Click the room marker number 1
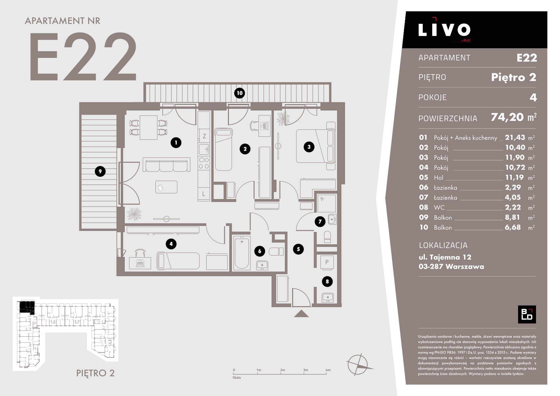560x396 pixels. point(176,143)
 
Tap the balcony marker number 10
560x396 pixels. point(240,93)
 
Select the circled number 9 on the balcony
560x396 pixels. point(100,171)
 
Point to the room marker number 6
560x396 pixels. point(260,251)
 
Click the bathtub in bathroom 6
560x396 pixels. point(242,253)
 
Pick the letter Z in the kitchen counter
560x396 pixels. point(204,136)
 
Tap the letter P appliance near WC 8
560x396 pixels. point(327,262)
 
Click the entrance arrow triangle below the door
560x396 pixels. point(301,314)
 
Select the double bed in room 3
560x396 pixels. point(316,146)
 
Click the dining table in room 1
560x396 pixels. point(148,127)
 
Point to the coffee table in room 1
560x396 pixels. point(166,187)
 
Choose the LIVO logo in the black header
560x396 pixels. point(444,30)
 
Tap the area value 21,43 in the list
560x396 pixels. point(515,137)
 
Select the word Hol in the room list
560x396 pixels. point(439,177)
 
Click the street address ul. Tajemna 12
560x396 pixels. point(445,257)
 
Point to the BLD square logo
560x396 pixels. point(527,314)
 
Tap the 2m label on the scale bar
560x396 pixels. point(282,370)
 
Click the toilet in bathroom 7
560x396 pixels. point(327,237)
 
